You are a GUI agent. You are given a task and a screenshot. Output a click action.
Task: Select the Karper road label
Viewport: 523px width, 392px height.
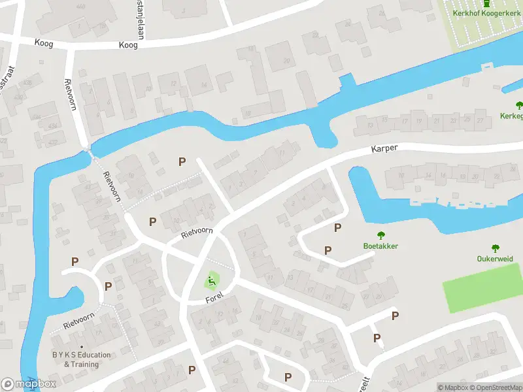tap(385, 148)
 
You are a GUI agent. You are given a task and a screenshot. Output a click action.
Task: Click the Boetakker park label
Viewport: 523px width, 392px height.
tap(380, 246)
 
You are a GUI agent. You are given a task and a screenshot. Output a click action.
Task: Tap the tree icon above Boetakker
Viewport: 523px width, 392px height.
tap(380, 235)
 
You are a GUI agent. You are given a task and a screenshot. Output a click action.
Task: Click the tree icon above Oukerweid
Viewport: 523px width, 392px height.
tap(495, 248)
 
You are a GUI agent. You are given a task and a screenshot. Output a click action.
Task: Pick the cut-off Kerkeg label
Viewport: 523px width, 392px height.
tap(511, 116)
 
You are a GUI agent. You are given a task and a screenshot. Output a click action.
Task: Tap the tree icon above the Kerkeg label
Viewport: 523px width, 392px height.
tap(519, 105)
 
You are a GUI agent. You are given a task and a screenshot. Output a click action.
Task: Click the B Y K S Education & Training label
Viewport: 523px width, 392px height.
tap(81, 359)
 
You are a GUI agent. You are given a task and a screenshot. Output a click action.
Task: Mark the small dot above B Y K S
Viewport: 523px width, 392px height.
tap(81, 347)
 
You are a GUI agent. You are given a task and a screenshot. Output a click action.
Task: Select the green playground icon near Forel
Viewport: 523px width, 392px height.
tap(211, 282)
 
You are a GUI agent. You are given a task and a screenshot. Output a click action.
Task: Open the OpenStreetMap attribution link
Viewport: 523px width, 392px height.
tap(496, 387)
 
